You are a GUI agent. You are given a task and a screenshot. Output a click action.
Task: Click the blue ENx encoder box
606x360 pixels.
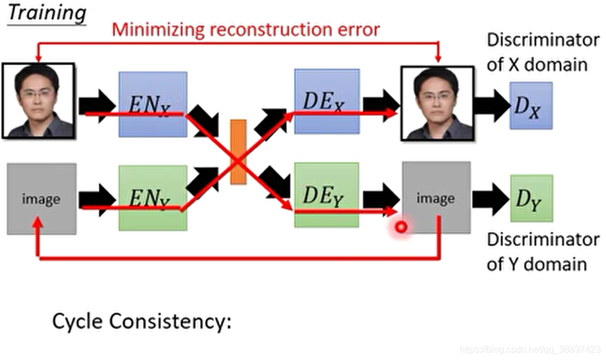click(x=153, y=104)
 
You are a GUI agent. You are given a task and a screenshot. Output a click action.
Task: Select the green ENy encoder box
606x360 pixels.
click(x=153, y=198)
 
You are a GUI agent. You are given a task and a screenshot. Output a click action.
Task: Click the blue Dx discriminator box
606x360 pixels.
click(x=530, y=105)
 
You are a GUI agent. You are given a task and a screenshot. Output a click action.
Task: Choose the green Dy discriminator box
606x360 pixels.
click(x=531, y=198)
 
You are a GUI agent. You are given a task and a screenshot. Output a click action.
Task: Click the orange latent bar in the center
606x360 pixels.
click(x=238, y=152)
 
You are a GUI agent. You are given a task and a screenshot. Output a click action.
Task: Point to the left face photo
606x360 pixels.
click(x=39, y=101)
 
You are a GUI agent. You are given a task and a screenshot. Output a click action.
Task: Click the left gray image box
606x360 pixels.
click(x=41, y=199)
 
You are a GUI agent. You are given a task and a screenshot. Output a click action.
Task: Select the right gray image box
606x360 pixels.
click(x=436, y=198)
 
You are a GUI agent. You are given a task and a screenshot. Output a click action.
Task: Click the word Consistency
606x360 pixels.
click(x=174, y=321)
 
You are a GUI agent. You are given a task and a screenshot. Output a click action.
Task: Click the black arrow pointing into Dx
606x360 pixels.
click(x=491, y=105)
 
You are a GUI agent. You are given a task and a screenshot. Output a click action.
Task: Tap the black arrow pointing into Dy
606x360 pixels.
click(x=490, y=198)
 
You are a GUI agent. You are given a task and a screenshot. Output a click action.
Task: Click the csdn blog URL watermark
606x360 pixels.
click(x=530, y=350)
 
